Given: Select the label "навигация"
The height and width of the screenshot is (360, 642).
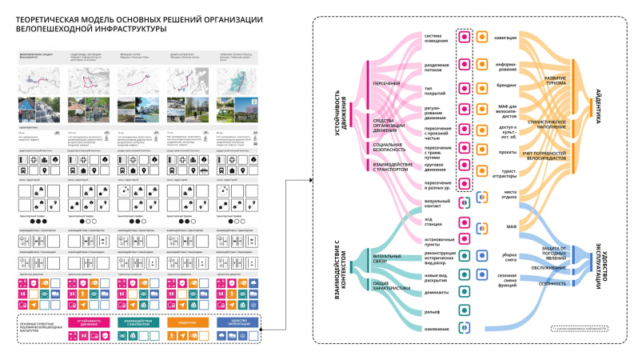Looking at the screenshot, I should point(505,38).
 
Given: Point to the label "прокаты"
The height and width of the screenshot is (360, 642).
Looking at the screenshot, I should point(507,151).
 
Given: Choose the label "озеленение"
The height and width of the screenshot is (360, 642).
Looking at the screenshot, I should point(437,329).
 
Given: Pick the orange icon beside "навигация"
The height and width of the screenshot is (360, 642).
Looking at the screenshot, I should point(481,38).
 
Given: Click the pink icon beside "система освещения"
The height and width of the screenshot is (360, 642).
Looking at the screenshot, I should point(465,38).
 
